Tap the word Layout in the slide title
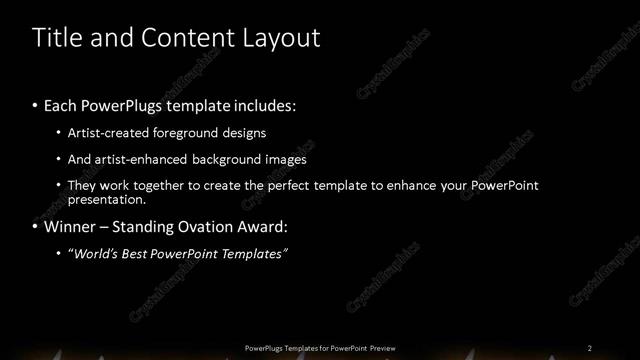coord(282,39)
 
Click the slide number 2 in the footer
coord(589,347)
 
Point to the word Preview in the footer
coord(385,347)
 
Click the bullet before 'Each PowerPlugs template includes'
coord(36,105)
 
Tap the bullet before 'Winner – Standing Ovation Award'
coord(36,227)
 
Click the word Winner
coord(71,227)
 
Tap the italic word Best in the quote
coord(138,254)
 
